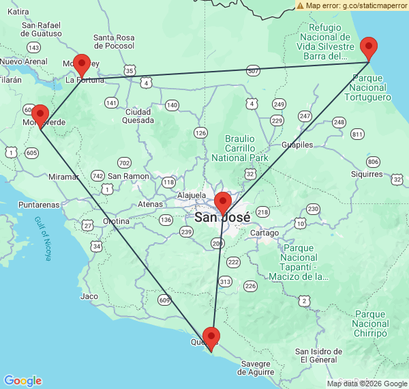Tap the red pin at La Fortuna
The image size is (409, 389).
coord(82,65)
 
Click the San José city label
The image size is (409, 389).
coord(222,218)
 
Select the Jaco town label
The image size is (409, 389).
coord(89,296)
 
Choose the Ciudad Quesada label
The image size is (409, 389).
coord(137,116)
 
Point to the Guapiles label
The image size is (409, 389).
coord(297,145)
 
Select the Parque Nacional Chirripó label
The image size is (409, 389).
coord(371,323)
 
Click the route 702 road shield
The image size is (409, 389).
coord(124,162)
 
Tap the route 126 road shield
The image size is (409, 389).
coord(200,132)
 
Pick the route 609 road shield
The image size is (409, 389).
coord(164,299)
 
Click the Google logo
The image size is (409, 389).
coord(22,381)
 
